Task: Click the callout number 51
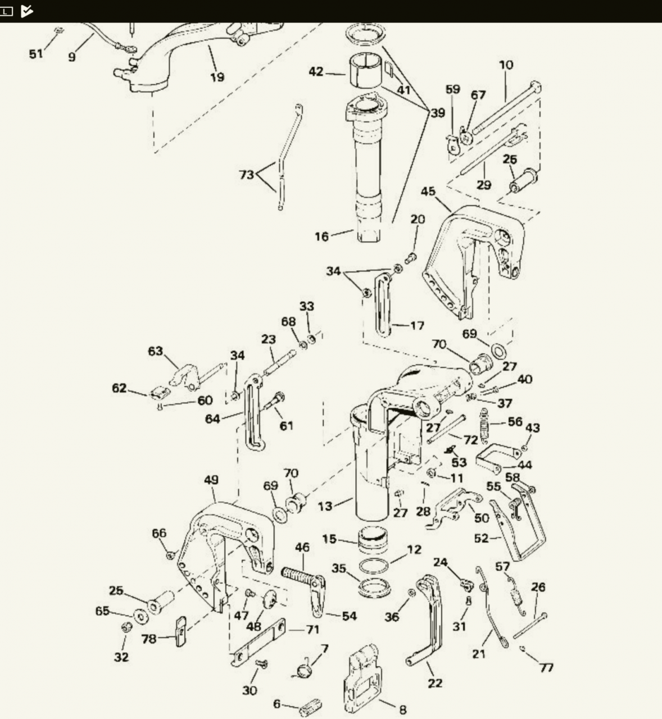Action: pyautogui.click(x=35, y=54)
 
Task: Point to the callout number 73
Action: pyautogui.click(x=247, y=175)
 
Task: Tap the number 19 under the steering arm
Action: pyautogui.click(x=217, y=77)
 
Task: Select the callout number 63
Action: pyautogui.click(x=155, y=351)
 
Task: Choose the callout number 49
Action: pyautogui.click(x=211, y=480)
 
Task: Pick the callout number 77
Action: pyautogui.click(x=546, y=667)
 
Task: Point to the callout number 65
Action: pyautogui.click(x=102, y=611)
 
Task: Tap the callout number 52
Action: pyautogui.click(x=481, y=539)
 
